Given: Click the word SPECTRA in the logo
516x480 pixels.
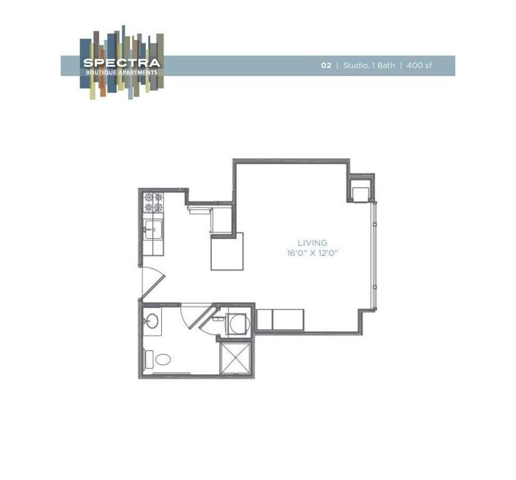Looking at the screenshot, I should point(121,63).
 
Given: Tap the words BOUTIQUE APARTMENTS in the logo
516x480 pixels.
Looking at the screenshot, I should point(121,72).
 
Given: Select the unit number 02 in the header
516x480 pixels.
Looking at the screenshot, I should point(326,66).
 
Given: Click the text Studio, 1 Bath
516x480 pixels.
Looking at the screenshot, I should point(369,66).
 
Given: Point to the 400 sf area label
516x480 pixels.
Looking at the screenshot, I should point(419,66).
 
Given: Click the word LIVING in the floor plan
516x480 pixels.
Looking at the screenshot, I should point(313,243).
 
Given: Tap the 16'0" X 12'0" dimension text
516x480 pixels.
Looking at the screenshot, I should point(313,253).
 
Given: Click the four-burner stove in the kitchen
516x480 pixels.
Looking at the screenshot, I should point(153,202).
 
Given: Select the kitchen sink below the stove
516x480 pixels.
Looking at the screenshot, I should point(153,230).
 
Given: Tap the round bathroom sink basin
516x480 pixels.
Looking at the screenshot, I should point(151,321).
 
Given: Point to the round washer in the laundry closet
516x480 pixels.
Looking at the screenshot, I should point(237,324).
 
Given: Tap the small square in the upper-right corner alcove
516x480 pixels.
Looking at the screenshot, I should point(361,193).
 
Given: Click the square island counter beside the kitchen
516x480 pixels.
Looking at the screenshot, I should point(227,251).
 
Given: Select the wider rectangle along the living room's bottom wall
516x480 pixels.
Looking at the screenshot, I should point(288,319).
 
